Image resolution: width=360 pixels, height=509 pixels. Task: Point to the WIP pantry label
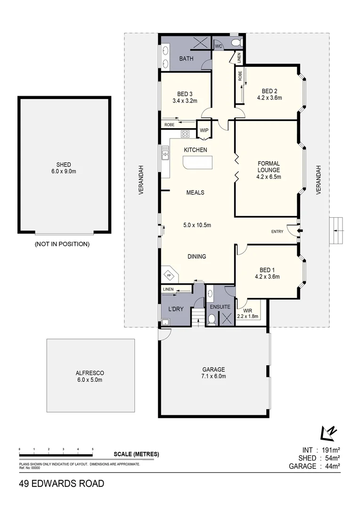click(x=204, y=131)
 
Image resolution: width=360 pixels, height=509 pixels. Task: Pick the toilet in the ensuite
click(x=212, y=320)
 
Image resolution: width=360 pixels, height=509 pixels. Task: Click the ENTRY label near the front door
click(x=277, y=231)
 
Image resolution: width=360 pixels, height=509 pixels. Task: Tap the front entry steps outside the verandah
click(x=337, y=230)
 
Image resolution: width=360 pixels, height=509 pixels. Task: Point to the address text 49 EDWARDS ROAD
click(x=62, y=484)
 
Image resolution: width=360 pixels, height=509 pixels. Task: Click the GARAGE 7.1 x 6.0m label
click(x=213, y=373)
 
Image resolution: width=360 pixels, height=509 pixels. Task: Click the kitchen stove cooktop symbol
click(x=185, y=134)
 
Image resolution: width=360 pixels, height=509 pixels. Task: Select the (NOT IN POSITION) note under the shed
click(x=62, y=244)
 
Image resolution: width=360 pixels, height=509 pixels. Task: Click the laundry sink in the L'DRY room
click(x=165, y=322)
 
